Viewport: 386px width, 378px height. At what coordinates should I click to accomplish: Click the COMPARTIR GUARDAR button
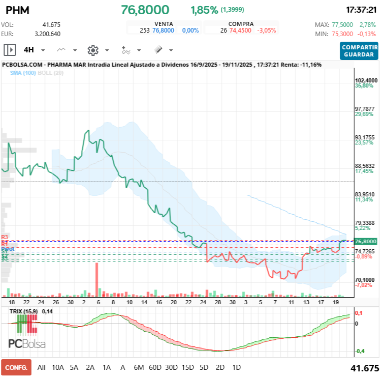pos(360,51)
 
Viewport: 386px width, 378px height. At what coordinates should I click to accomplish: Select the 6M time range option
pos(139,367)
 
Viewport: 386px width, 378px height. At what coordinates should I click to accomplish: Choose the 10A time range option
pos(58,367)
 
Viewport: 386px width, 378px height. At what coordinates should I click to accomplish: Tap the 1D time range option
pos(236,367)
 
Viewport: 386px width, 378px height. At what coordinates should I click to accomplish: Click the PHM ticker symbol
pos(17,10)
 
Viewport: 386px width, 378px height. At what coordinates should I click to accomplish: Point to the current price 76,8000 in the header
pos(145,10)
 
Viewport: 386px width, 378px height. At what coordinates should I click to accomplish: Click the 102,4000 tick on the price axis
pos(366,80)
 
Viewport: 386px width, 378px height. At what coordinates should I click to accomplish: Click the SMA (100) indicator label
pos(23,73)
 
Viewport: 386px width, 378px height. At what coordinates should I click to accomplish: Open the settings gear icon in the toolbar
pos(92,50)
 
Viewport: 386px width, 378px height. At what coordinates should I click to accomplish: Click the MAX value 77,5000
pos(343,24)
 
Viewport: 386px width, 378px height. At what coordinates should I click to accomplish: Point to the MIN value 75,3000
pos(343,34)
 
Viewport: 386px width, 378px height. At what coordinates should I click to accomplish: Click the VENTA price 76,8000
pos(163,31)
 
